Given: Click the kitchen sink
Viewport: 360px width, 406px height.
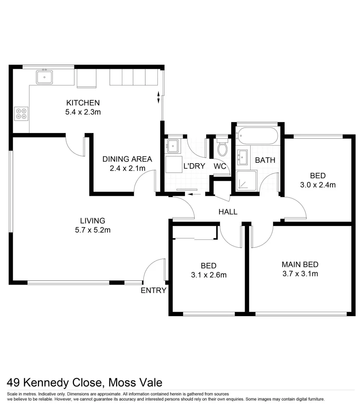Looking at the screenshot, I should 44,77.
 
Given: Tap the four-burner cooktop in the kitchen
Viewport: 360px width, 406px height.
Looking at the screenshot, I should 21,114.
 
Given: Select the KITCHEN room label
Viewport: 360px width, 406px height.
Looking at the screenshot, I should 83,103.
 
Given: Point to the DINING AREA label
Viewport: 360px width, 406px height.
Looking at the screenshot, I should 127,159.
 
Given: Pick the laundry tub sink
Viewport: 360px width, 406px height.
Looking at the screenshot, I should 173,145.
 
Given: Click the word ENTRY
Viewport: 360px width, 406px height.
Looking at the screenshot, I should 153,290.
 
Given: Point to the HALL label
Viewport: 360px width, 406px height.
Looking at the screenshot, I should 228,212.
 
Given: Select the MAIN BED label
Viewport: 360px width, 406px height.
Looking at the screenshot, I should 300,264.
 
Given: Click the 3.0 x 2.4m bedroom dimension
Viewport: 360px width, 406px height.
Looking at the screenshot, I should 318,185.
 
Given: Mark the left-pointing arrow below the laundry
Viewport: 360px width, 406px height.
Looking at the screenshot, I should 194,194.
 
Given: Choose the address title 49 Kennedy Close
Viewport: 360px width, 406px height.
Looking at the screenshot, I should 85,383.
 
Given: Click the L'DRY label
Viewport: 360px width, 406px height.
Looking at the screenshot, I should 194,166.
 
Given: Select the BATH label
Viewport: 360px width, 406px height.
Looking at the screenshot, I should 265,160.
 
